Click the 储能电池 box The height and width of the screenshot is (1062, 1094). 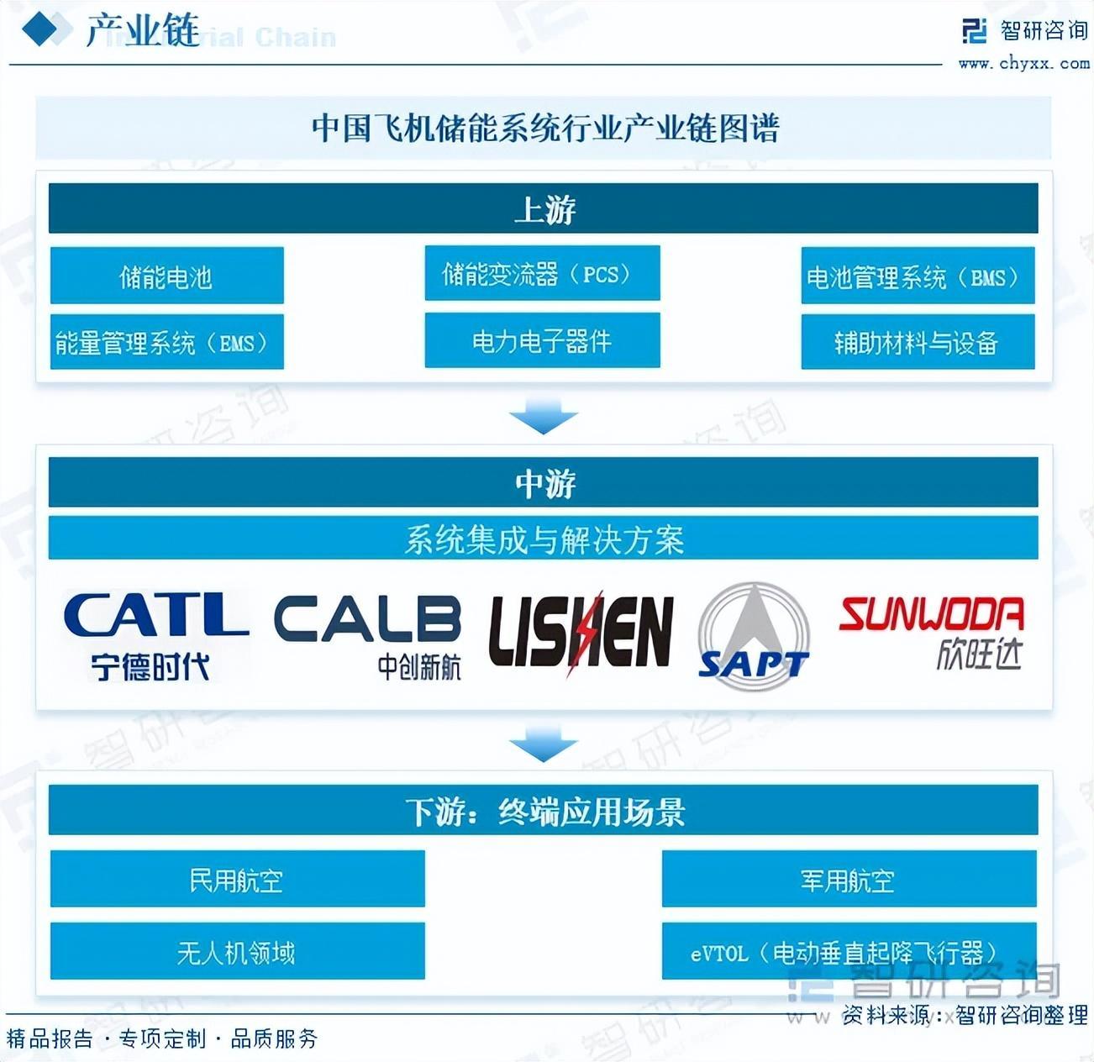click(x=166, y=276)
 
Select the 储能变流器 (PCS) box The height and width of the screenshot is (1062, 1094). click(x=542, y=274)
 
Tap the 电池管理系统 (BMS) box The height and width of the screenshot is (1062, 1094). click(x=918, y=276)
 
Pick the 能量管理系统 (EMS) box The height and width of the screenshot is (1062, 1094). click(x=166, y=342)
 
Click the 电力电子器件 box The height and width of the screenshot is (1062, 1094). click(x=542, y=340)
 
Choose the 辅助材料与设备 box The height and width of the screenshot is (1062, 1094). click(x=918, y=342)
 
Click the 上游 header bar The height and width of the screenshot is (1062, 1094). click(x=543, y=208)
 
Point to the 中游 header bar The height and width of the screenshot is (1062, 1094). click(x=543, y=482)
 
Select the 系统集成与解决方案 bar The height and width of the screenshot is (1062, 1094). click(x=543, y=539)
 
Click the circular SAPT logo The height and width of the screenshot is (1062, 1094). click(x=754, y=636)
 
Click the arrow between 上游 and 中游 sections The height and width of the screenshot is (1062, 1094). click(x=543, y=416)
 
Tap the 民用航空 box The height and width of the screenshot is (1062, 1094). click(x=237, y=879)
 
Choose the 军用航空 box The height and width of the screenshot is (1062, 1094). click(x=849, y=879)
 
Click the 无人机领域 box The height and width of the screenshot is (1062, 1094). click(x=237, y=951)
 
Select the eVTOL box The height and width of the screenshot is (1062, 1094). click(x=849, y=951)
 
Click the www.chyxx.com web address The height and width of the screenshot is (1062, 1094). click(x=1023, y=64)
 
